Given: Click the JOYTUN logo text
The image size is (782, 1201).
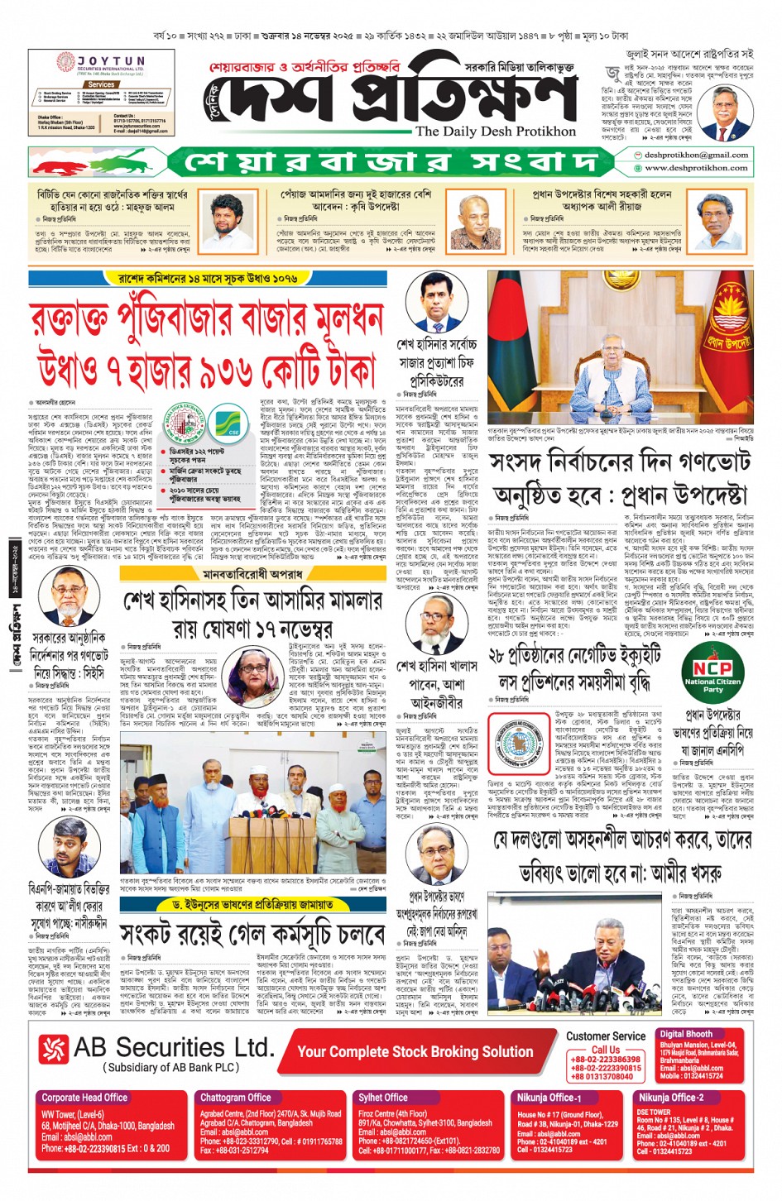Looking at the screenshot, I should [111, 62].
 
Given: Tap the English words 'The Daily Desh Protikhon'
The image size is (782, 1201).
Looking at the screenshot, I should [495, 131].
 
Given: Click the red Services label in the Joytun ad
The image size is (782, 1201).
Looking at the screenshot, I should [101, 84].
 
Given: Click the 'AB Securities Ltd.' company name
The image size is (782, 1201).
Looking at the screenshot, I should [173, 1048].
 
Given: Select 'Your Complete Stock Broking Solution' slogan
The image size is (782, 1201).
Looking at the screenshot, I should [415, 1052].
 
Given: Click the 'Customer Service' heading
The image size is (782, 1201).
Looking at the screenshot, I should [606, 1036].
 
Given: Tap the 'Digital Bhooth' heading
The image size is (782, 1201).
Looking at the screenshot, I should [686, 1034].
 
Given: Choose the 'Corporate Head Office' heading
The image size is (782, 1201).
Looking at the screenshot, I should [84, 1098].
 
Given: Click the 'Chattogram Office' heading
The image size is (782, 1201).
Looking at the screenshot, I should [236, 1098].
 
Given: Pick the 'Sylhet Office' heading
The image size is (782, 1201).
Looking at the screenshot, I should [383, 1098].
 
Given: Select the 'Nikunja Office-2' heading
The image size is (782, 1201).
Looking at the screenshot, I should [671, 1098].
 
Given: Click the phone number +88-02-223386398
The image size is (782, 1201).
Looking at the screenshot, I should [605, 1060].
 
